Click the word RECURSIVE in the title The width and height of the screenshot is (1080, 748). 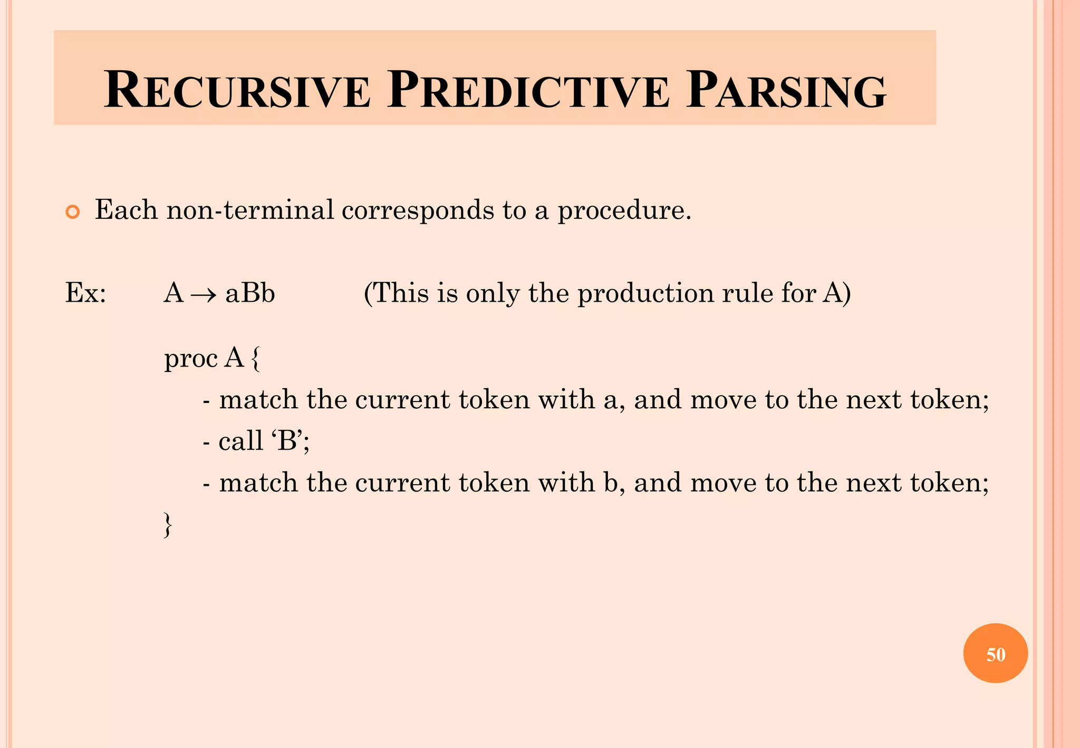[237, 91]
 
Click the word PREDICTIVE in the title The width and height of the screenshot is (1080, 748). [528, 91]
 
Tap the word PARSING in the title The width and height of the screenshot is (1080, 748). [786, 91]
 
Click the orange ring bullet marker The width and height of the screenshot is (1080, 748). [72, 212]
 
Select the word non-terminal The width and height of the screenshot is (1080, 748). [250, 210]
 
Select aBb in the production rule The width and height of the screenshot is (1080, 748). [250, 293]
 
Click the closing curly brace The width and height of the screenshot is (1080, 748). [168, 525]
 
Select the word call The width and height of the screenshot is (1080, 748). [240, 440]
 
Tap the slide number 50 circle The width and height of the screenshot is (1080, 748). [995, 654]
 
